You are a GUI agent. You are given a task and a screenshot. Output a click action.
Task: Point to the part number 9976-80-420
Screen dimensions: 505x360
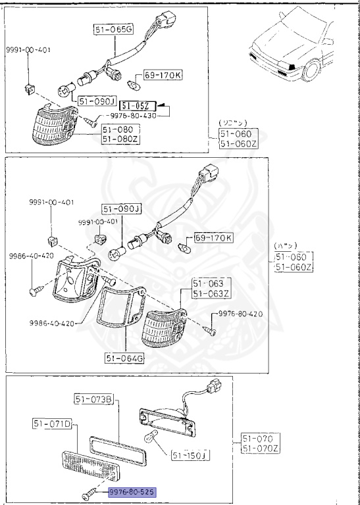point(239,314)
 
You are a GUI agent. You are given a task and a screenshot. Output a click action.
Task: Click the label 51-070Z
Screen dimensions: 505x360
point(260,448)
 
